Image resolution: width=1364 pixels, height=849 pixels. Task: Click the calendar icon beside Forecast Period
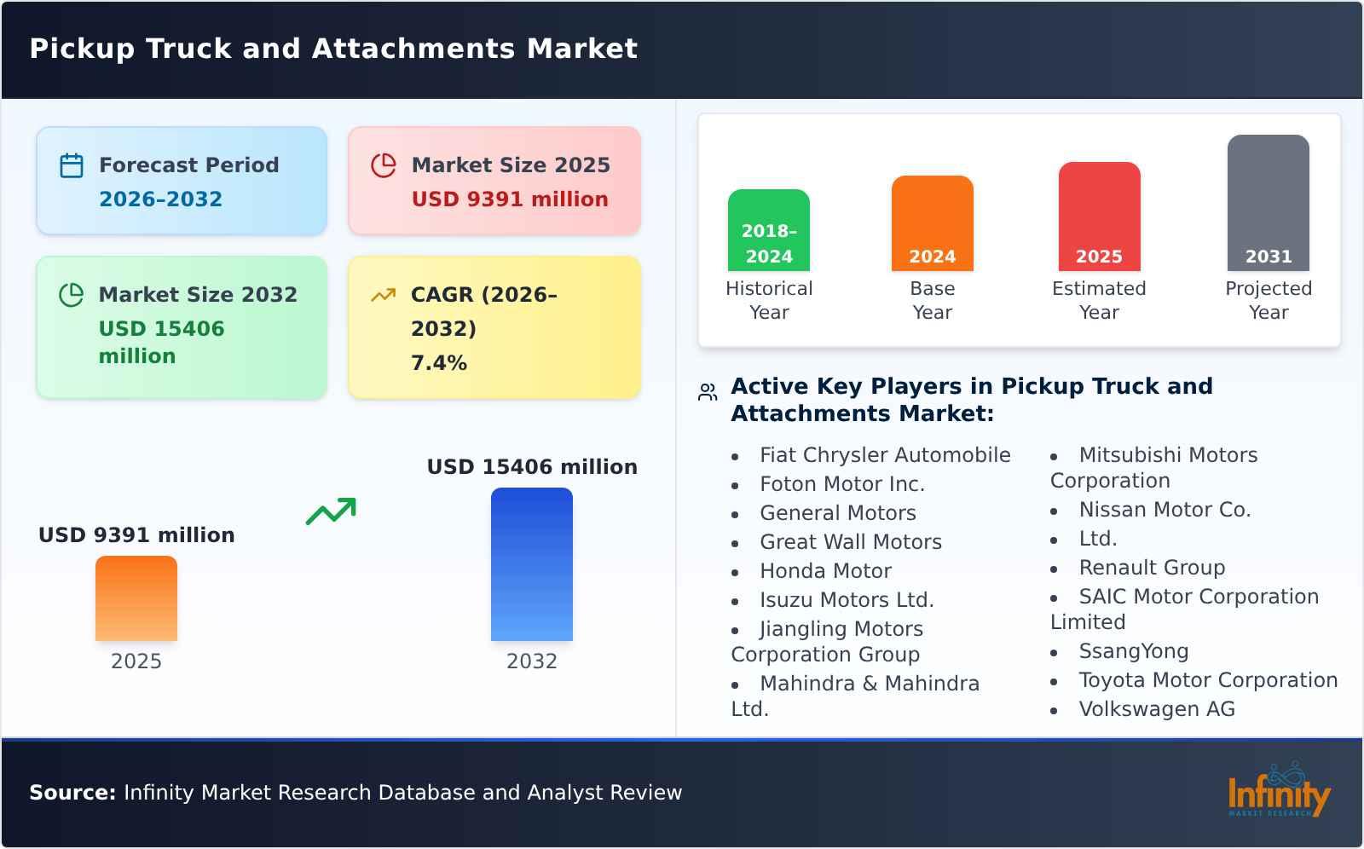(x=72, y=165)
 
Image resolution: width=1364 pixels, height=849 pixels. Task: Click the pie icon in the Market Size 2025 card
(x=384, y=165)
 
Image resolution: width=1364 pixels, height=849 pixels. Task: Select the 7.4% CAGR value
(x=438, y=363)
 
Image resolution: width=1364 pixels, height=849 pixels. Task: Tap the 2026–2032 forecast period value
(x=160, y=199)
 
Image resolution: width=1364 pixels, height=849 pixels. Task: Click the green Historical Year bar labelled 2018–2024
(x=768, y=230)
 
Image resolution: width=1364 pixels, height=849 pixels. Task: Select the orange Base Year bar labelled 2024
(x=932, y=223)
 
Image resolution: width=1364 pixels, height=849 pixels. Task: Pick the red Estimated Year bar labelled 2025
(x=1099, y=217)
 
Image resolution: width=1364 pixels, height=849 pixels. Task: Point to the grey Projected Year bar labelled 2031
(x=1268, y=203)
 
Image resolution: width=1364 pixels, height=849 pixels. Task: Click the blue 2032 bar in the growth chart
(x=531, y=564)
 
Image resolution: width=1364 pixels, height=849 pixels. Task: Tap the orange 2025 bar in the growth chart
(x=136, y=598)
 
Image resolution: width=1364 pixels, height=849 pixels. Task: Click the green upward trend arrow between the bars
(x=331, y=511)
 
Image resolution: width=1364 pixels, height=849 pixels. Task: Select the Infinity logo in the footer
(x=1278, y=791)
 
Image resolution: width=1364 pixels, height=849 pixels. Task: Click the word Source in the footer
(x=72, y=793)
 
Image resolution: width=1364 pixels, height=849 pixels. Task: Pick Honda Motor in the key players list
(x=825, y=571)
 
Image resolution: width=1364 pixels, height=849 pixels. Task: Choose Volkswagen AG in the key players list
(x=1156, y=709)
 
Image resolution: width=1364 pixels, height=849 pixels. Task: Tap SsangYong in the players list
(x=1133, y=651)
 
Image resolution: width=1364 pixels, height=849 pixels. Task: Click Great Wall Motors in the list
(x=850, y=542)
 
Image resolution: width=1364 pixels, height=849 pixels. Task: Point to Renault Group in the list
(x=1151, y=568)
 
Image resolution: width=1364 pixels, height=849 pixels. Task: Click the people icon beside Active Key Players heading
(x=708, y=392)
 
